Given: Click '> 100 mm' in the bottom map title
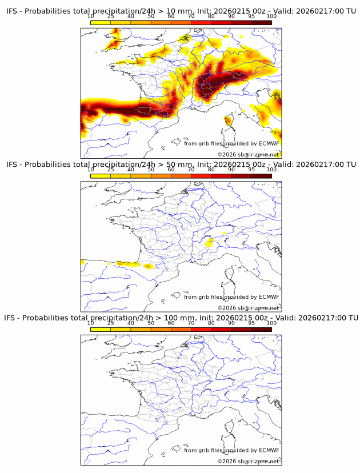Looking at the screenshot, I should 174,318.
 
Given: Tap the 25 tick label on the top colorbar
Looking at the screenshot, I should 111,17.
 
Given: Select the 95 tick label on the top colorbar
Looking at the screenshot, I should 251,17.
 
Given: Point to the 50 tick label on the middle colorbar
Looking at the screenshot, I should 151,170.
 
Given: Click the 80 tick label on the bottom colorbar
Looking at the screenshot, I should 211,323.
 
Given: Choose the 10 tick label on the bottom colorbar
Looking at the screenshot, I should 91,323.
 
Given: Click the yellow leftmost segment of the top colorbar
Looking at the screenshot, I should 101,22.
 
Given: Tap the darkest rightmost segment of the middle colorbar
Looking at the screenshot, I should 261,176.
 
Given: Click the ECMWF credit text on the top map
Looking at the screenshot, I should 231,143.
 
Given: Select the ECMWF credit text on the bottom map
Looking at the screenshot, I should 231,450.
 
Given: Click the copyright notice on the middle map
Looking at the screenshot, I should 248,307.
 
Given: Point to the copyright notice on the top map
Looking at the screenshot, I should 248,154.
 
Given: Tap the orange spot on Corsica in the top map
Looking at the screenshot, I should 229,120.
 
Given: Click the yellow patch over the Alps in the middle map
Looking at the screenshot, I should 210,243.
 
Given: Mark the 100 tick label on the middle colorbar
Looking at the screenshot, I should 271,170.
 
